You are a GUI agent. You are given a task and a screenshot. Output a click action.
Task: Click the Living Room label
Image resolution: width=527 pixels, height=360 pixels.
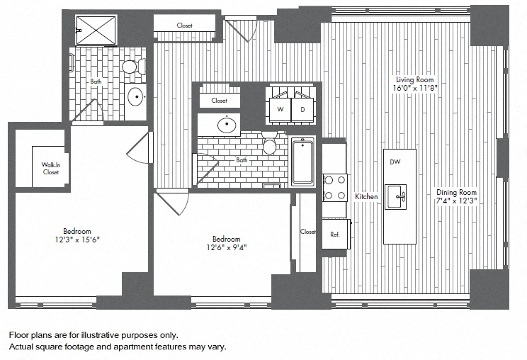tap(415, 79)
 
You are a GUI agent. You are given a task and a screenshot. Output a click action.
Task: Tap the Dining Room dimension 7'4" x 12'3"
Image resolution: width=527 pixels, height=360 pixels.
tap(457, 201)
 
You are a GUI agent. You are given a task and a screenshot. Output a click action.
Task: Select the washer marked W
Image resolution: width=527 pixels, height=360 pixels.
tap(280, 109)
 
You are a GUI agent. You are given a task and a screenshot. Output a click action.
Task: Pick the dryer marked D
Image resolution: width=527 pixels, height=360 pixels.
tap(302, 109)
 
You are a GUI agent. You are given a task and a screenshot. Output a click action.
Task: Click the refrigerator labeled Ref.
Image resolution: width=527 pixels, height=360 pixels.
tap(336, 234)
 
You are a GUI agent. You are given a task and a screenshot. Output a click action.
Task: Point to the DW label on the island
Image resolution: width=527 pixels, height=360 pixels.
tap(395, 162)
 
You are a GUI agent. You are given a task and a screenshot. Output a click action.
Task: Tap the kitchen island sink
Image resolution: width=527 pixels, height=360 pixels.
tap(395, 196)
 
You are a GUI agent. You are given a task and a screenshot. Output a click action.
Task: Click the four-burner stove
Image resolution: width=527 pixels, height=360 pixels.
tap(335, 188)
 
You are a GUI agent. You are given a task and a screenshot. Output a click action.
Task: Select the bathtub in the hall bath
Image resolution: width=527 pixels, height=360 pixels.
tap(303, 162)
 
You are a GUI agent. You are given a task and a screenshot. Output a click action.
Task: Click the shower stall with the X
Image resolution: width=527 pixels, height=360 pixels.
tap(96, 30)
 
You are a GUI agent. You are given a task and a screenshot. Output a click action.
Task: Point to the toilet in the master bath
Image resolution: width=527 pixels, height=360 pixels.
tap(134, 67)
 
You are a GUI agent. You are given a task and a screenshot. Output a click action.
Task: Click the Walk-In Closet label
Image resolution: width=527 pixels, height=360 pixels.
tap(51, 169)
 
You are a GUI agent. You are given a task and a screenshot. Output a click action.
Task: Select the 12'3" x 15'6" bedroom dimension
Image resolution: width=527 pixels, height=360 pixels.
tap(77, 240)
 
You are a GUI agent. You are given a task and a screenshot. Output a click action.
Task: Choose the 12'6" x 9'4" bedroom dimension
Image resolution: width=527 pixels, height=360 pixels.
tap(227, 247)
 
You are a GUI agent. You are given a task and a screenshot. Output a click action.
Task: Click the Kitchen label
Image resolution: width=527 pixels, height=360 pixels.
tap(366, 196)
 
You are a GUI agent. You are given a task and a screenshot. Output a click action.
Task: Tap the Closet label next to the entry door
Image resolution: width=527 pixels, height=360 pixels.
tap(184, 26)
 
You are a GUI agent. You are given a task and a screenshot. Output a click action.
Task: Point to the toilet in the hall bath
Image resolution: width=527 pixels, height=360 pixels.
tap(270, 143)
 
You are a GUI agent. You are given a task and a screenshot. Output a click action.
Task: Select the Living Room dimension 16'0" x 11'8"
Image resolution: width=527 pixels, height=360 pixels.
tap(415, 88)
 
